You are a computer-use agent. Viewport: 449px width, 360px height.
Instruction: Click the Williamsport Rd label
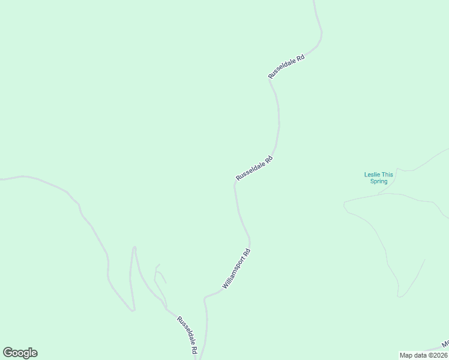236,269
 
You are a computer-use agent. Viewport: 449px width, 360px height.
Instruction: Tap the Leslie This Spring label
379,178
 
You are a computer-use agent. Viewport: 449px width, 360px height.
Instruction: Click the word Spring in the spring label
379,181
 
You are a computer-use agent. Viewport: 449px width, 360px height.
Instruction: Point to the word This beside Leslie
388,175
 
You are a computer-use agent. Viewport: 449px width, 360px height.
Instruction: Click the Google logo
20,353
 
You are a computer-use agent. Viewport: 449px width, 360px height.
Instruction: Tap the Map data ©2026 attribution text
423,355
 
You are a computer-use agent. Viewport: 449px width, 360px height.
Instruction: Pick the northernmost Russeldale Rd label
287,67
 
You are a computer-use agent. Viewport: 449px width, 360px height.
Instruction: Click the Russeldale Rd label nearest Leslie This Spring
255,168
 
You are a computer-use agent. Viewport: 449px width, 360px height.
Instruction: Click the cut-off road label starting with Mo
445,344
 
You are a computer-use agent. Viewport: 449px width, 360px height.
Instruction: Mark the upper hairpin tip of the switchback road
134,247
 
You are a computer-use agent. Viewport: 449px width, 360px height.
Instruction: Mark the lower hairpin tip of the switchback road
133,310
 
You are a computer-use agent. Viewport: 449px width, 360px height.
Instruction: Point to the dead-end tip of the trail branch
424,260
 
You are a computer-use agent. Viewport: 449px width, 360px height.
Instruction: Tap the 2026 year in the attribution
439,355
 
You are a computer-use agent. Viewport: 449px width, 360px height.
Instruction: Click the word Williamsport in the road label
233,273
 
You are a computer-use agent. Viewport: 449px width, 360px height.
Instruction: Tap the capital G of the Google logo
7,352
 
